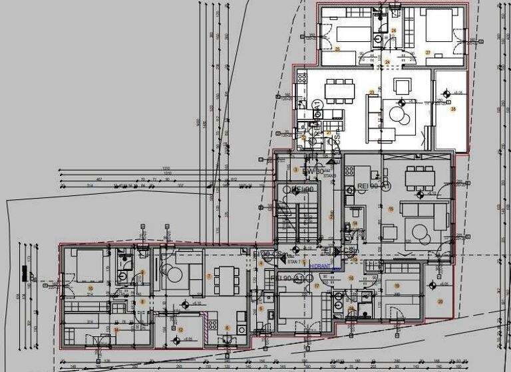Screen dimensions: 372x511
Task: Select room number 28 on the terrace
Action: coord(453,108)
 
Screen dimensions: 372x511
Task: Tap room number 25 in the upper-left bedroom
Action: coord(337,50)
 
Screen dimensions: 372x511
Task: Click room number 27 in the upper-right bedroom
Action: coord(429,52)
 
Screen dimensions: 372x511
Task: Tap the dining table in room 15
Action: coord(419,177)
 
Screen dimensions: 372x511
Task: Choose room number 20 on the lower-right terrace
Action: coord(439,301)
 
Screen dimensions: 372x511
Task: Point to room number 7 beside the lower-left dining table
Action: coord(209,276)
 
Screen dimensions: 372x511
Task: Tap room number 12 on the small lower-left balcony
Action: coord(180,329)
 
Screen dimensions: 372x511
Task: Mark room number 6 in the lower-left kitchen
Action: coord(227,327)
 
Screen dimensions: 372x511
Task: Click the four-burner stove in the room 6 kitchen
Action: coord(212,325)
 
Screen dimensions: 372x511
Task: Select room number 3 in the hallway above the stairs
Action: coord(295,169)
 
